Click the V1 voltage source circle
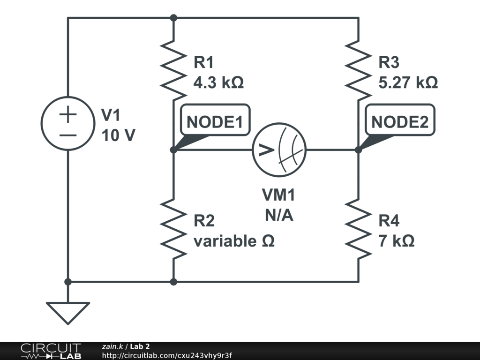(68, 124)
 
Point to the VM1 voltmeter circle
(279, 150)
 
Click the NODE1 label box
(215, 122)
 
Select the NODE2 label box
(400, 122)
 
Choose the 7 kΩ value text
(397, 241)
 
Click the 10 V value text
(118, 135)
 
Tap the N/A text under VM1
(279, 215)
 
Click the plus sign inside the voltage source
(68, 115)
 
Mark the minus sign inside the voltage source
(68, 135)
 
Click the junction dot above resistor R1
(173, 18)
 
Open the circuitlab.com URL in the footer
(167, 355)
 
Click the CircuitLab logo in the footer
(50, 351)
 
